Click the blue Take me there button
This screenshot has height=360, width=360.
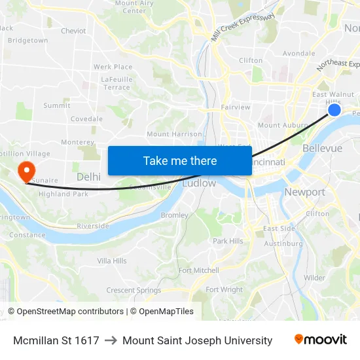tap(179, 160)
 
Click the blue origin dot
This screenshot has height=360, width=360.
tap(334, 109)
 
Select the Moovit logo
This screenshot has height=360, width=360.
tap(320, 340)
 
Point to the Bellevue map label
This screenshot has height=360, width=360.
tap(322, 149)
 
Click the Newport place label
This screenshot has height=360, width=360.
tap(304, 192)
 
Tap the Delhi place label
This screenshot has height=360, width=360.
tap(88, 177)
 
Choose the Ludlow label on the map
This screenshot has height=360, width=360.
tap(199, 183)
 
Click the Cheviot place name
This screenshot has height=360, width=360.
tap(73, 31)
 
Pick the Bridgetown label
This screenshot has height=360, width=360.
tap(27, 41)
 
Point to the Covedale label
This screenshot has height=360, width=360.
tap(86, 119)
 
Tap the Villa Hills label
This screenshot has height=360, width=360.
tap(112, 261)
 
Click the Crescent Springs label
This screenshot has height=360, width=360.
tap(134, 290)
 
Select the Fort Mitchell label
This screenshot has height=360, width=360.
tap(199, 270)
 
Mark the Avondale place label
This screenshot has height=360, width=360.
tap(298, 54)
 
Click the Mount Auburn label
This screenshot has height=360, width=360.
tap(283, 125)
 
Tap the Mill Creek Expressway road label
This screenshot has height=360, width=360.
tap(243, 27)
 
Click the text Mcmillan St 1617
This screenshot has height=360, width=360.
tap(56, 340)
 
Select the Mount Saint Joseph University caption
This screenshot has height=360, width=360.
tap(197, 340)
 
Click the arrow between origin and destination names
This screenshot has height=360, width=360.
tap(111, 340)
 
